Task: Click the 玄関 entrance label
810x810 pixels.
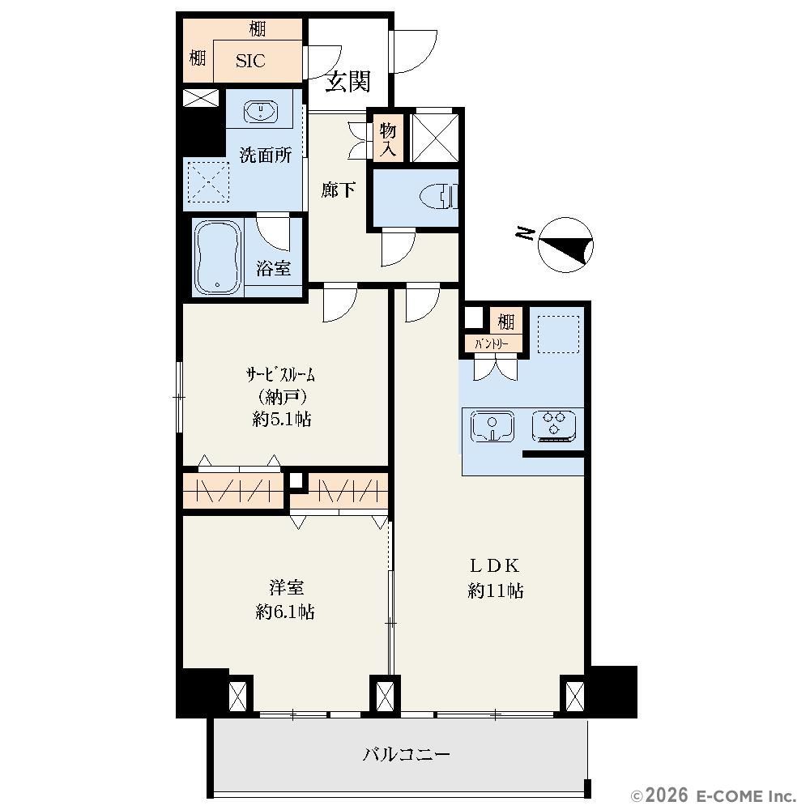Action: [x=347, y=81]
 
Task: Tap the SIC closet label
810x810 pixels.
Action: [x=250, y=61]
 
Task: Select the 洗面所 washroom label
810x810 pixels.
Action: [x=265, y=155]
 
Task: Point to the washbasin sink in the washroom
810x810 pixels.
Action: [x=260, y=111]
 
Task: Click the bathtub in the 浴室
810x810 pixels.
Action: [x=218, y=258]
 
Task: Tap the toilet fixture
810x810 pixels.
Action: [x=438, y=197]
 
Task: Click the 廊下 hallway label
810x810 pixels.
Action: [x=338, y=190]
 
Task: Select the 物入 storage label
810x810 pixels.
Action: [x=388, y=139]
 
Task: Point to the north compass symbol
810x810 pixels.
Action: [x=565, y=245]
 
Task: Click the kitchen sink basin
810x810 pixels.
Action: [x=492, y=426]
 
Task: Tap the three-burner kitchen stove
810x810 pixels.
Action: [x=554, y=426]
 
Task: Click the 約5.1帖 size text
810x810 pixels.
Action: [x=282, y=419]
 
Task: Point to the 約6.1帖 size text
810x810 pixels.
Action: [x=285, y=612]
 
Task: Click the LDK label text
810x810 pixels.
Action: [x=494, y=565]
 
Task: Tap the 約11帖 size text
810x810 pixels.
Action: [x=496, y=590]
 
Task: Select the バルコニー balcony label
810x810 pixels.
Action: [x=406, y=755]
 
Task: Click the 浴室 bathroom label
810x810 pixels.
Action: [x=273, y=268]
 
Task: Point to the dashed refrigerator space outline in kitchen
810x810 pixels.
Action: [x=558, y=335]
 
